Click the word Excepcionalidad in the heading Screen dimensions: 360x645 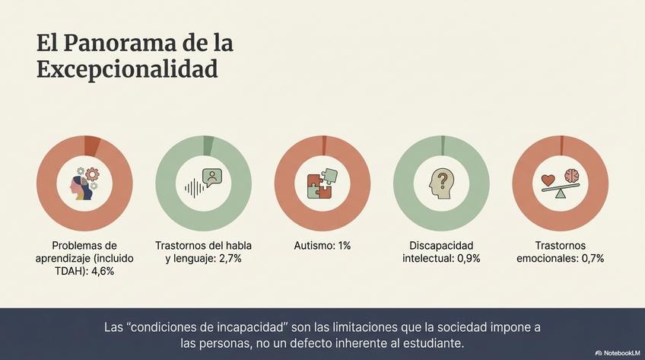pos(127,69)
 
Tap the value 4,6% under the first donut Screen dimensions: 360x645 pos(101,271)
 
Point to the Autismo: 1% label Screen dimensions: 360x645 pos(322,246)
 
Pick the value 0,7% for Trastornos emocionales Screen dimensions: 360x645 pos(589,259)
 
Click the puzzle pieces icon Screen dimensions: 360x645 pos(322,183)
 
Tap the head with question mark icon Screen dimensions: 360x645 pos(441,183)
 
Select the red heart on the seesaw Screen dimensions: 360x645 pos(548,180)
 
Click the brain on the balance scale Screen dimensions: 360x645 pos(572,177)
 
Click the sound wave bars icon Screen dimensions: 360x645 pos(195,188)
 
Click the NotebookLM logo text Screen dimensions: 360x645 pos(620,353)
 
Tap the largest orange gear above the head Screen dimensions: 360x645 pos(93,174)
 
